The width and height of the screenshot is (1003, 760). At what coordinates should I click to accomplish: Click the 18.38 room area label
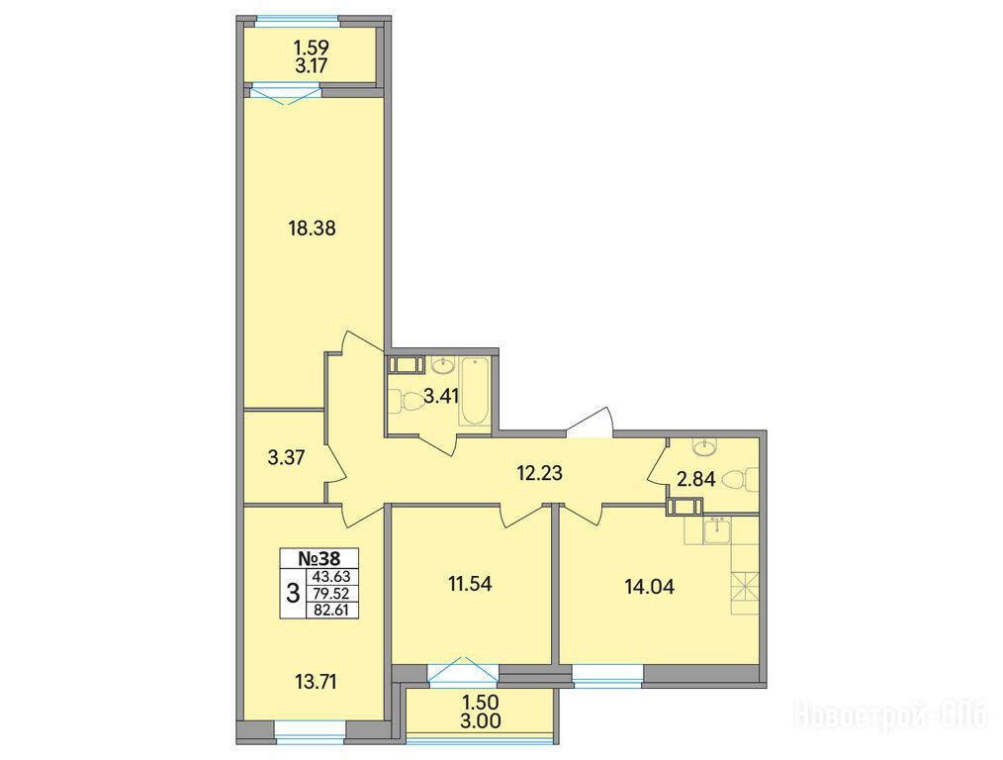(313, 228)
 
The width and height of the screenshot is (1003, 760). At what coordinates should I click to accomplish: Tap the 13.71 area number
(316, 682)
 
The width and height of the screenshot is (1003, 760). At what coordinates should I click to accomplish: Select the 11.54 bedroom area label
(470, 584)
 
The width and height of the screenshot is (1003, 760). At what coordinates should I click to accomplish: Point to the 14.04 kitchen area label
(649, 587)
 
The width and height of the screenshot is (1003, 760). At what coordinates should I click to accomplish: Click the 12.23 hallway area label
(539, 473)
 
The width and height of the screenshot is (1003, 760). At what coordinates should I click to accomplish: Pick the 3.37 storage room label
(287, 458)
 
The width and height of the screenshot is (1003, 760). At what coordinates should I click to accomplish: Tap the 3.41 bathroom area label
(442, 397)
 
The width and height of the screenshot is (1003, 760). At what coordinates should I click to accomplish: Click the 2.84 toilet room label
(695, 479)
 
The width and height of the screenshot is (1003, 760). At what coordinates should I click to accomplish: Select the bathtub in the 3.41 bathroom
(475, 392)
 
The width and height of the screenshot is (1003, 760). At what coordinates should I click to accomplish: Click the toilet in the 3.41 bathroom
(405, 401)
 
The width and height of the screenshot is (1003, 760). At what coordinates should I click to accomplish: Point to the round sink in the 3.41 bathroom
(442, 366)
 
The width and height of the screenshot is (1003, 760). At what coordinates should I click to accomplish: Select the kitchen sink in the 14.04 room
(716, 530)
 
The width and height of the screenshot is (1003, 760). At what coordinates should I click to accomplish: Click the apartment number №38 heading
(319, 558)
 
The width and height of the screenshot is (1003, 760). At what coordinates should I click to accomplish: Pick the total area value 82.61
(332, 611)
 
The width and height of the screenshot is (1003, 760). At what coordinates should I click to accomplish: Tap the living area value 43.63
(332, 576)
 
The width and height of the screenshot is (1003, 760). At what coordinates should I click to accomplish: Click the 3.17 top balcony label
(312, 65)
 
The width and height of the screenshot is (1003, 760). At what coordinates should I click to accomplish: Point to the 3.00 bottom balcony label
(481, 721)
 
